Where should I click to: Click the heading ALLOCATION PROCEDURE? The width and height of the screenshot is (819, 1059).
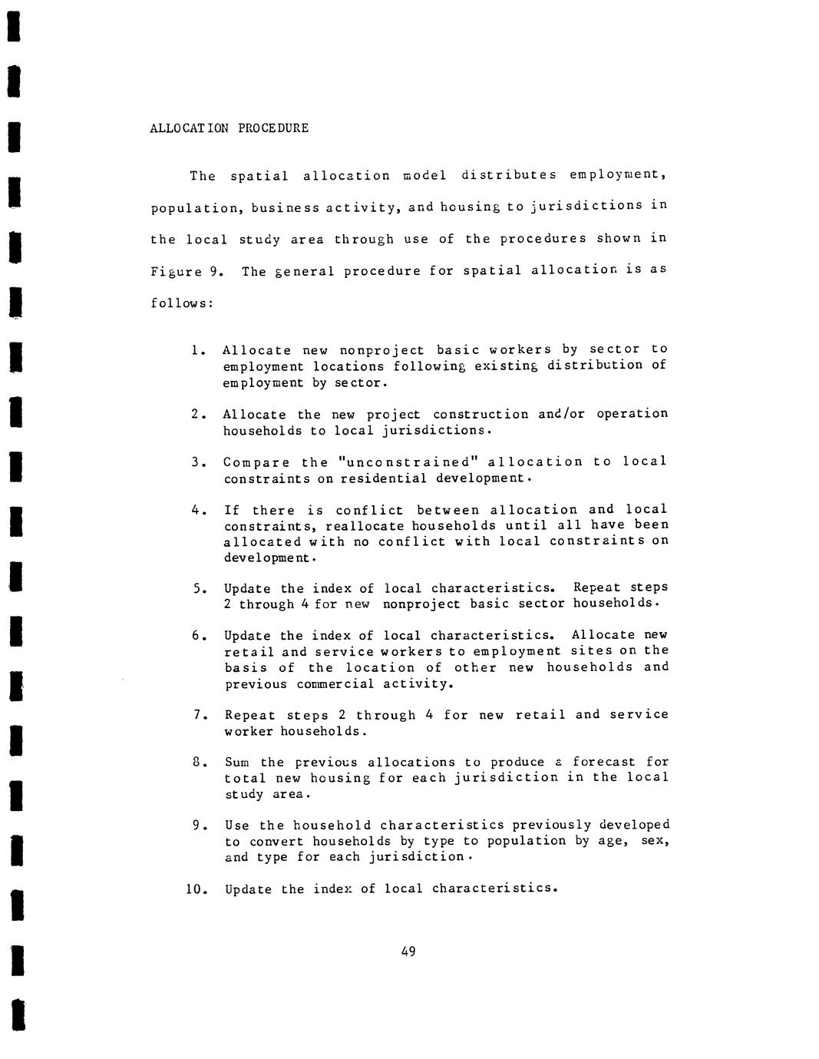(229, 128)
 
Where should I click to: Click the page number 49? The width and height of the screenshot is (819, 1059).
(408, 952)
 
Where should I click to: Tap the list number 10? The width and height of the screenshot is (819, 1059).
(196, 889)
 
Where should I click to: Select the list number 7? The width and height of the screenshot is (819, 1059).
(199, 715)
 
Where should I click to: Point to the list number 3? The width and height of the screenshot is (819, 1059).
(198, 462)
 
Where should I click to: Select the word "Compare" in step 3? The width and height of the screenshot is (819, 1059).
(256, 462)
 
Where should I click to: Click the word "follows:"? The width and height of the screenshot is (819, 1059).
(181, 303)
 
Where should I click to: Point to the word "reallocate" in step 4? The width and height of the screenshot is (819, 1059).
(365, 526)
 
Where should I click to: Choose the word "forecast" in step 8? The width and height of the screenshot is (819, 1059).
(604, 762)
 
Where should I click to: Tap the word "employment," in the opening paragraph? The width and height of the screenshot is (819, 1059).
(617, 175)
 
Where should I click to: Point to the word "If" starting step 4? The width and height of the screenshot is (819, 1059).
(231, 511)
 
